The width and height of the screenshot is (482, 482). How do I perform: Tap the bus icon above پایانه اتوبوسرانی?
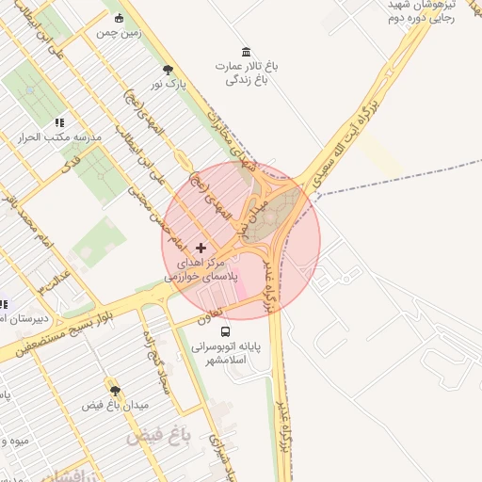point(224,332)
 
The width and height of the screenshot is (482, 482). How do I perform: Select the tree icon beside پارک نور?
point(168,70)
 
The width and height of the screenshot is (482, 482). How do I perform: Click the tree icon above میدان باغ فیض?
point(115,390)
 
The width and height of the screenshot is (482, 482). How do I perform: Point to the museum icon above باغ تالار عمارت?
point(246,51)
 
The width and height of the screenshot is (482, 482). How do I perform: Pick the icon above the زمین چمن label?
point(118,19)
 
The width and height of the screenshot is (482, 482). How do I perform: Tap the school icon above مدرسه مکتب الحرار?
point(59,122)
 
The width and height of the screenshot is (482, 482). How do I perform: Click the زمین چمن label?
point(118,32)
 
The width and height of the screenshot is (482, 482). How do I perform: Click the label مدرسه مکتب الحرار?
point(59,137)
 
